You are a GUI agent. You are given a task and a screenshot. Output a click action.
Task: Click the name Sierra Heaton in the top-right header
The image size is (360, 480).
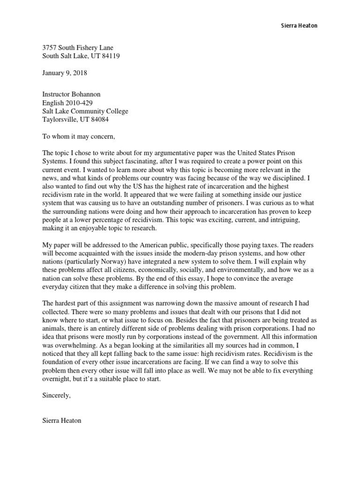[x=296, y=26]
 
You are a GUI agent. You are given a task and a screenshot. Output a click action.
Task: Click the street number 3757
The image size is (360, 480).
[x=50, y=48]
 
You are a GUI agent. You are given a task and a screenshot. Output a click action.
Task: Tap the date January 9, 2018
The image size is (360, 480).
[x=65, y=73]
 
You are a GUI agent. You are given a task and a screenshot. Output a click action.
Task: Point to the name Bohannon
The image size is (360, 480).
[x=85, y=95]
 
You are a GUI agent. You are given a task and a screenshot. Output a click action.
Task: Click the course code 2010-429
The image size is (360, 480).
[x=81, y=103]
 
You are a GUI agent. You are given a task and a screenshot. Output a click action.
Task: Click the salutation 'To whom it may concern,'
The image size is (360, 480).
[x=78, y=137]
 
